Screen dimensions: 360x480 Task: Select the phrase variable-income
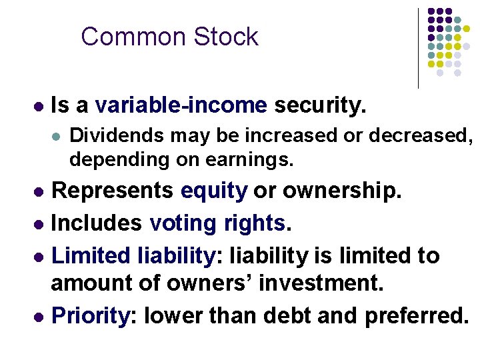click(181, 105)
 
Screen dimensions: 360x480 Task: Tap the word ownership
click(343, 191)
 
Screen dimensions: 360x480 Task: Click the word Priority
click(90, 315)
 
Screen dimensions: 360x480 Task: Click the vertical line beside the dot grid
click(418, 47)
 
